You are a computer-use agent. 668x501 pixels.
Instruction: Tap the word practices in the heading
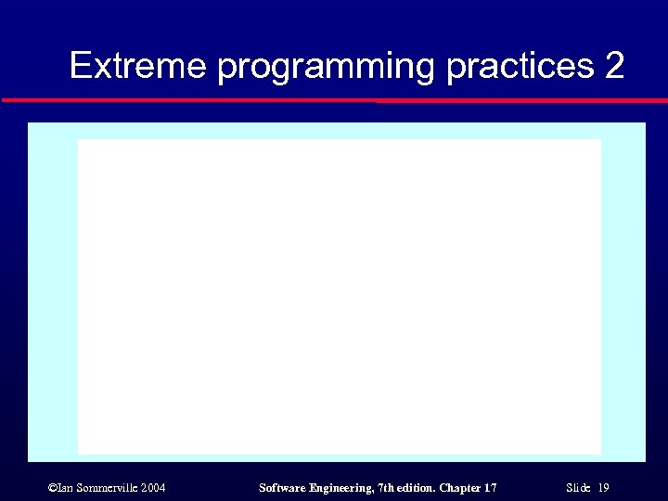click(x=520, y=67)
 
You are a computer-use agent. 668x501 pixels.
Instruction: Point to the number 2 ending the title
click(x=614, y=66)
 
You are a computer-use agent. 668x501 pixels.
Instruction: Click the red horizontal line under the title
click(x=334, y=99)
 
